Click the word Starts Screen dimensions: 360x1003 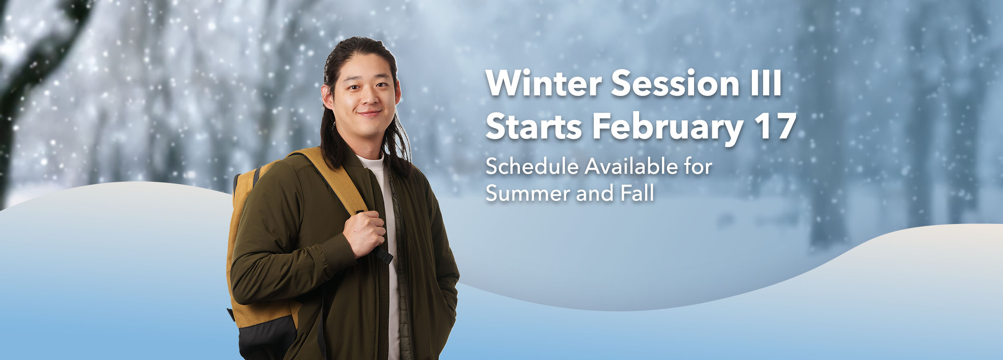(x=534, y=127)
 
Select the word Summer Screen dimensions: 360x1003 (x=528, y=193)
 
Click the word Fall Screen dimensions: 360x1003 (x=638, y=193)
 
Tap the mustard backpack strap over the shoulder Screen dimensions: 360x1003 (x=337, y=181)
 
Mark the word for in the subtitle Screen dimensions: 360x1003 (x=698, y=167)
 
